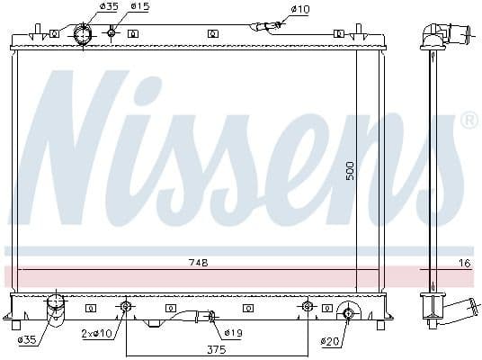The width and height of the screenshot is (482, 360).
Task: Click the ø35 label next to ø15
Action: [108, 7]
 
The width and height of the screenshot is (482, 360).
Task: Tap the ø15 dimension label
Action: [138, 7]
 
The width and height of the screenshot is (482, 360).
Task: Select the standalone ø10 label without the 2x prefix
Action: [299, 9]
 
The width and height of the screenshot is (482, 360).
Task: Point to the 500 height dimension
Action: [351, 169]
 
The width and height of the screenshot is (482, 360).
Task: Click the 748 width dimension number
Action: [198, 263]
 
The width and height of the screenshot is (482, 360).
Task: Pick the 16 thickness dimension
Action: [464, 263]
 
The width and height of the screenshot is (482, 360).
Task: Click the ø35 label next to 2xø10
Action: [27, 340]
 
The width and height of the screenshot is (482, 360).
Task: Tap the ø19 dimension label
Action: [234, 334]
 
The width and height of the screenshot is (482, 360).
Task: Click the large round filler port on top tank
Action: [82, 35]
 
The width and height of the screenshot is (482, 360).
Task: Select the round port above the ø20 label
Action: [349, 313]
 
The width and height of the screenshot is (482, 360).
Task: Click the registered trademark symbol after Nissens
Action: [469, 120]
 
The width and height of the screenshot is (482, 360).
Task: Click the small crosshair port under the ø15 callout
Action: [112, 33]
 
